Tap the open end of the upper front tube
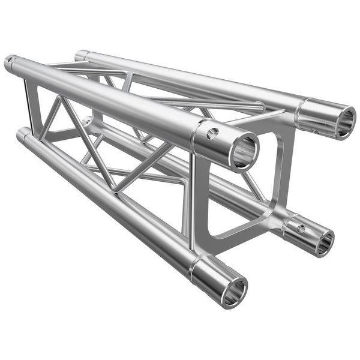(x=244, y=151)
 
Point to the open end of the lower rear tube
(x=324, y=241)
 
